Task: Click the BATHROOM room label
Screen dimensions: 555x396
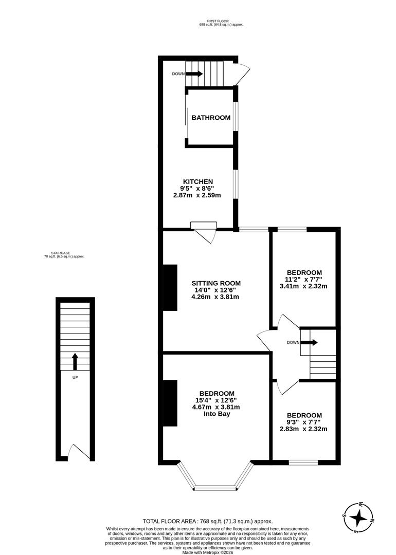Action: pos(211,118)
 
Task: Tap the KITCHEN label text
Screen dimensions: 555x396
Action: pos(198,181)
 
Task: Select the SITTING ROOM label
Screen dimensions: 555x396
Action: pos(216,283)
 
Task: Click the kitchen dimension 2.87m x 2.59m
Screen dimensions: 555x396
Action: pos(197,195)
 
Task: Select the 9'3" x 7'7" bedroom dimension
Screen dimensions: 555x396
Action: pos(304,422)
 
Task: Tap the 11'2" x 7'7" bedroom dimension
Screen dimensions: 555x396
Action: pos(304,279)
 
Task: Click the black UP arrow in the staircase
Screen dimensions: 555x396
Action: pos(75,361)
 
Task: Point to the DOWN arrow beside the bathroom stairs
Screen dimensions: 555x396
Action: pos(194,74)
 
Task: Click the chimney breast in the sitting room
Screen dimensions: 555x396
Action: pos(170,288)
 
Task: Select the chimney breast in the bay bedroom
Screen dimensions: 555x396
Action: pos(170,403)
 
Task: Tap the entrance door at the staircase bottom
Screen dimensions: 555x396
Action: pos(77,452)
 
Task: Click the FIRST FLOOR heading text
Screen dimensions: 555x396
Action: pos(221,21)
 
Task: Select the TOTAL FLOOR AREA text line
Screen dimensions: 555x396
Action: pos(208,521)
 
